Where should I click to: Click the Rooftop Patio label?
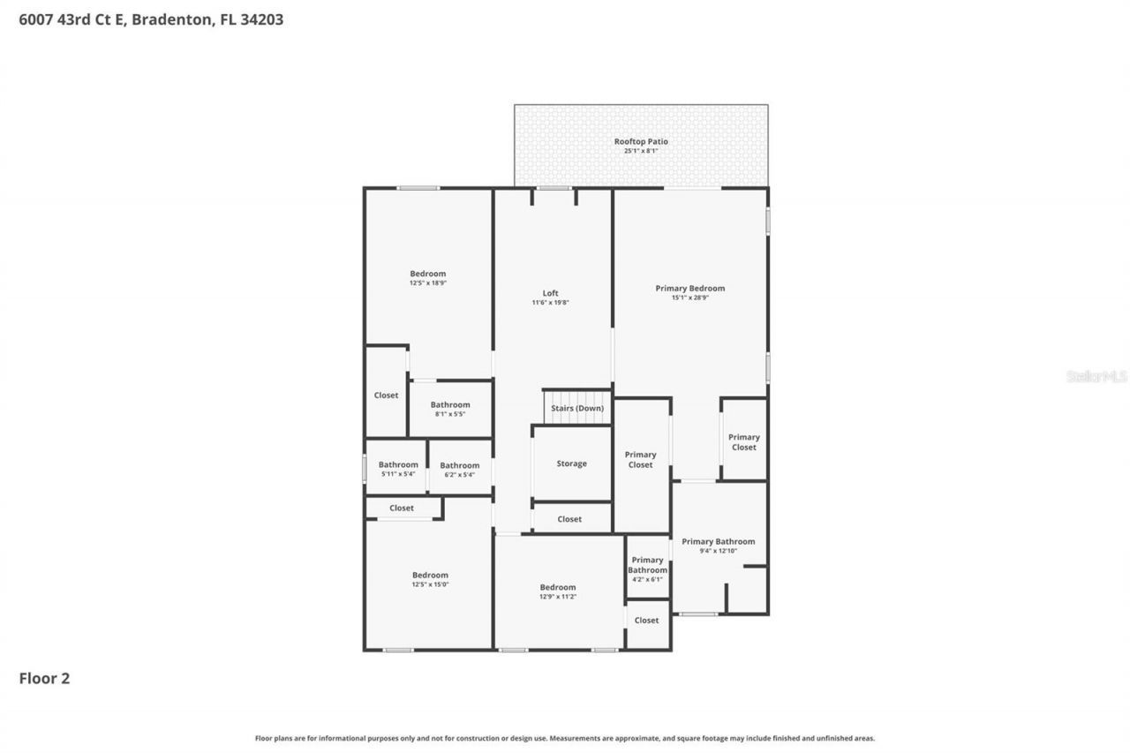click(641, 141)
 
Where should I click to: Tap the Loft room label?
click(550, 293)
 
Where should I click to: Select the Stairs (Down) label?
click(577, 409)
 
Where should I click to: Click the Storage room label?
click(571, 463)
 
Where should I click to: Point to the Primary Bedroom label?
click(689, 288)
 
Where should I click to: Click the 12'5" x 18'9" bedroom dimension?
click(427, 283)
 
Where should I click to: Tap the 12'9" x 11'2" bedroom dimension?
click(557, 597)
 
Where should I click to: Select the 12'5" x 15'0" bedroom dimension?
click(430, 584)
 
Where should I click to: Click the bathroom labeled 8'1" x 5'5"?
click(450, 409)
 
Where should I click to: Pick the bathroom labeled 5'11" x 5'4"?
click(398, 469)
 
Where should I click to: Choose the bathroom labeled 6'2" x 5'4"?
click(459, 470)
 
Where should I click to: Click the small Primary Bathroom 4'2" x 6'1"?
click(647, 569)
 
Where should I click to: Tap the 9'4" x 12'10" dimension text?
click(718, 551)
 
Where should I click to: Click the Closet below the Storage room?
click(569, 519)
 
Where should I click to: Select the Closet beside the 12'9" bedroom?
click(646, 621)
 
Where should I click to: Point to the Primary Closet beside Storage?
click(640, 460)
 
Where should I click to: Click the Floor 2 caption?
click(44, 678)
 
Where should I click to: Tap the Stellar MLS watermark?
click(1096, 376)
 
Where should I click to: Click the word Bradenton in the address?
click(171, 19)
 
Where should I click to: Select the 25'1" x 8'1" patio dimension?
click(641, 151)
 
